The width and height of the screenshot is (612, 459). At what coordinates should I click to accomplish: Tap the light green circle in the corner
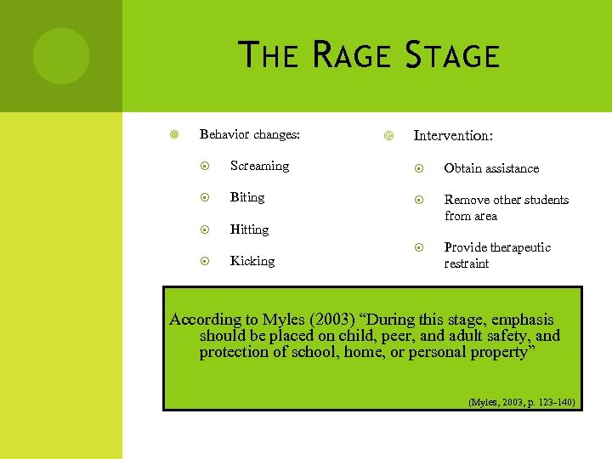click(60, 56)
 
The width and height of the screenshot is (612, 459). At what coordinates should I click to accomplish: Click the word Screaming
click(259, 166)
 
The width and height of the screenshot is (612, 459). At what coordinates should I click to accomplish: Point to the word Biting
click(247, 197)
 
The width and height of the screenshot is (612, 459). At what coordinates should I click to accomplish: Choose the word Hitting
click(249, 229)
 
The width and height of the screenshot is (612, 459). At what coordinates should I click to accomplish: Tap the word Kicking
click(252, 261)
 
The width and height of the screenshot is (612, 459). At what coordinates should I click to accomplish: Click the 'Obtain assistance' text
click(491, 168)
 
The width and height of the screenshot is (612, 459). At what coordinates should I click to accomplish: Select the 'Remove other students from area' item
click(506, 207)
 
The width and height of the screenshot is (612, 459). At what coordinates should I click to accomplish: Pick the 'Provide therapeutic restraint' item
click(497, 255)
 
